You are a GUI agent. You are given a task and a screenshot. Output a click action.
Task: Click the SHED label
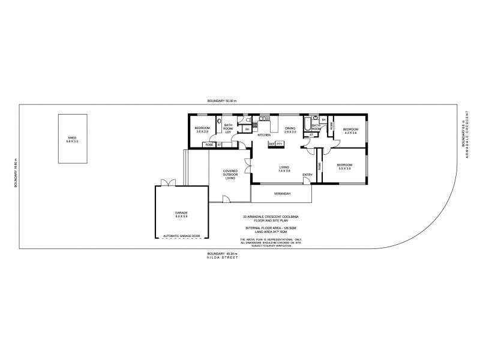[x=72, y=139]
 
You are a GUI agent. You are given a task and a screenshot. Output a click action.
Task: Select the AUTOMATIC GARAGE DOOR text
[x=181, y=237]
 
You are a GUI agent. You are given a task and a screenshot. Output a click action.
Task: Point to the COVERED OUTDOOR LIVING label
[x=230, y=174]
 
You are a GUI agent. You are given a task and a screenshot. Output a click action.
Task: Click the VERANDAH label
[x=281, y=194]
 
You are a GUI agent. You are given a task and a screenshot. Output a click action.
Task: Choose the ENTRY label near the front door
[x=307, y=175]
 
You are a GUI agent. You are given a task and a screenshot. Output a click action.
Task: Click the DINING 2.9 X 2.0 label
[x=290, y=130]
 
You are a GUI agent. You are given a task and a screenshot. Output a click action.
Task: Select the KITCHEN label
[x=264, y=135]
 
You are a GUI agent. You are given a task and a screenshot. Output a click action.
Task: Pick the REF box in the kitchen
[x=272, y=144]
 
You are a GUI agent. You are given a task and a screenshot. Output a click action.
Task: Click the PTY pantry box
[x=280, y=144]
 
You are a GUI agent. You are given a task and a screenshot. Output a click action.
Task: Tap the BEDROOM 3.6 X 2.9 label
[x=202, y=130]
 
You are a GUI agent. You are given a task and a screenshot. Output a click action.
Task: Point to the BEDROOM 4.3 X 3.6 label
[x=350, y=130]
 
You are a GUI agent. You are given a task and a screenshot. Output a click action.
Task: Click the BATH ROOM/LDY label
[x=229, y=128]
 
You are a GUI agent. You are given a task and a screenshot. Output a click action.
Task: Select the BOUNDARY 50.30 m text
[x=223, y=101]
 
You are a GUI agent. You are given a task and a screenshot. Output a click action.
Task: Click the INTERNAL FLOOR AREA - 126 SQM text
[x=269, y=229]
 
